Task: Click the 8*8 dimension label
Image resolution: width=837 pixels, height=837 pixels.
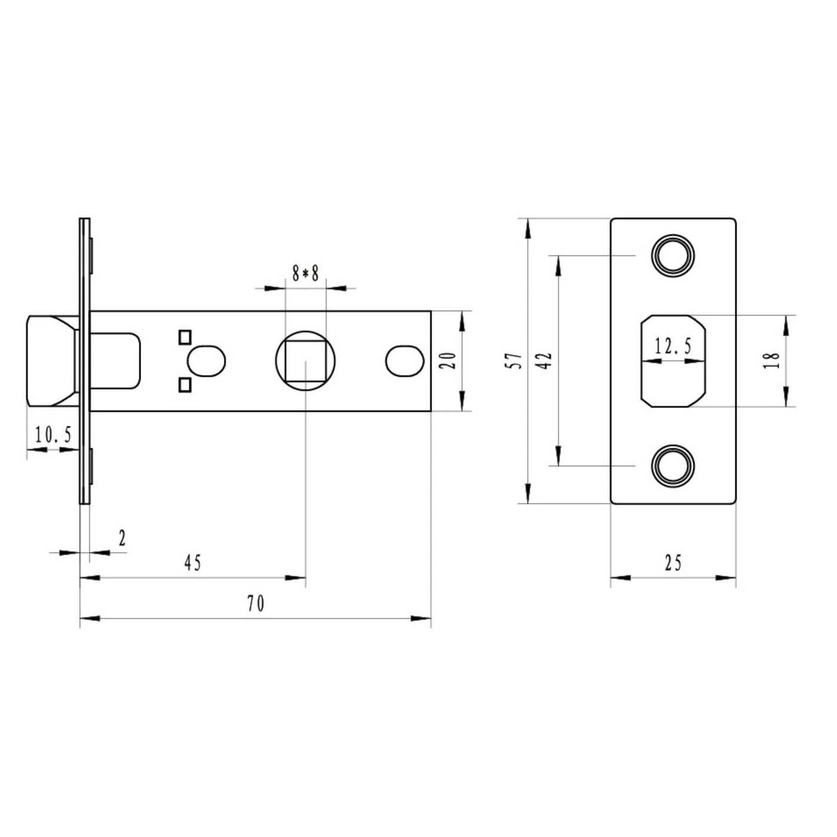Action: click(306, 273)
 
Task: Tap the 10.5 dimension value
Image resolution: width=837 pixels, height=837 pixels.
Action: click(53, 435)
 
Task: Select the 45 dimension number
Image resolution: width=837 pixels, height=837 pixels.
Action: click(193, 564)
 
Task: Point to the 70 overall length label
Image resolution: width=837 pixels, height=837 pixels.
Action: click(256, 604)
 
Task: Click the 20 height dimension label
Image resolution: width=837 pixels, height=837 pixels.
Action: click(447, 361)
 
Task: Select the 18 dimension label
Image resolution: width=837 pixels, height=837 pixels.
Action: click(771, 361)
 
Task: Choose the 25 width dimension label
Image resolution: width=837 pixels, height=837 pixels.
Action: click(673, 564)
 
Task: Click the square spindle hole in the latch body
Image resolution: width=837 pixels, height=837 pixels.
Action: click(306, 361)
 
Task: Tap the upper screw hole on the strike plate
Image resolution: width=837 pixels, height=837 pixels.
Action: click(672, 255)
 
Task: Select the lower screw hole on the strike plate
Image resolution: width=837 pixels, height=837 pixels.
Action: click(672, 466)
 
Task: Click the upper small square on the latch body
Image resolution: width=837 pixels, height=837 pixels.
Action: click(185, 338)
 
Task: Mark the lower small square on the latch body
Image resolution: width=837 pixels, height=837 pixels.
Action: click(185, 385)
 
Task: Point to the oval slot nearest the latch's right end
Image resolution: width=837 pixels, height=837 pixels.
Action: click(405, 361)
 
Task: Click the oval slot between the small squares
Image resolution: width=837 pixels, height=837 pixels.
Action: click(206, 361)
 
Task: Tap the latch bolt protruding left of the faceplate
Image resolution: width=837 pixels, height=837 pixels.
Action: click(52, 361)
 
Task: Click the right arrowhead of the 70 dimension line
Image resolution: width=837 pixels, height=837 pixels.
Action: click(421, 618)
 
